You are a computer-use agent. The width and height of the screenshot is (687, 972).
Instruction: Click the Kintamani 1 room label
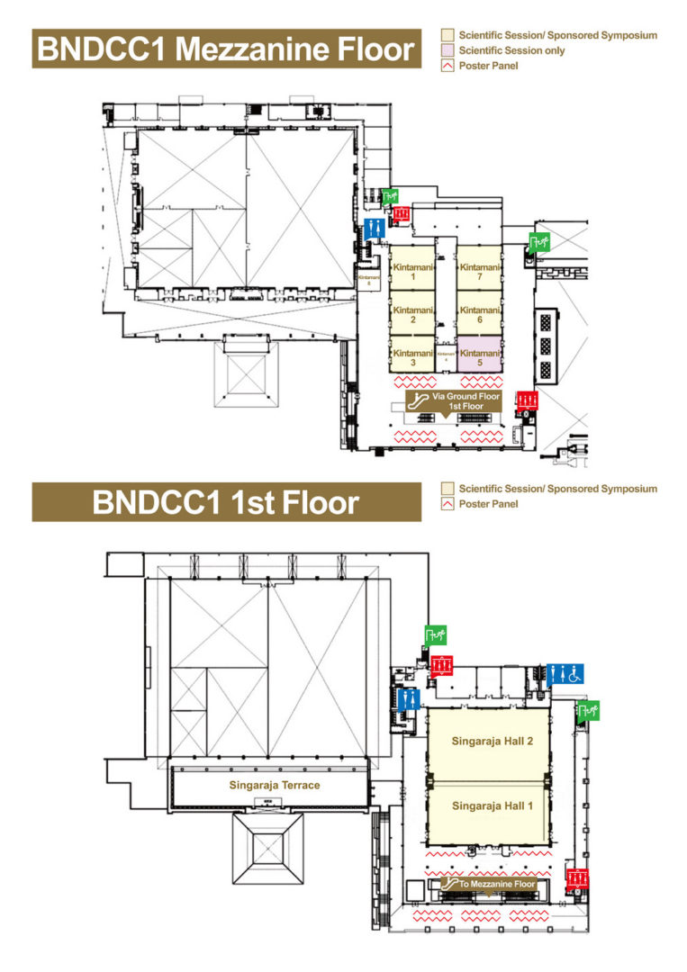tap(412, 272)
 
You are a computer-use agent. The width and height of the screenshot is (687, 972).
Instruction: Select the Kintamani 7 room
tap(479, 272)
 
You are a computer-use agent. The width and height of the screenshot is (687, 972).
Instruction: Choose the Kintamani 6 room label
tap(479, 313)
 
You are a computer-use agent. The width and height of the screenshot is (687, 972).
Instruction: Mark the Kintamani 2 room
tap(412, 313)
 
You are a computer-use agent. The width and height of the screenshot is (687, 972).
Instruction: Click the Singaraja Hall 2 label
tap(487, 741)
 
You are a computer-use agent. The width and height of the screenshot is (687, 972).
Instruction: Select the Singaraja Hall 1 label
tap(487, 805)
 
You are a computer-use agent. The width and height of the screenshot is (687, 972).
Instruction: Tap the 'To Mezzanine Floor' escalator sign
tap(487, 885)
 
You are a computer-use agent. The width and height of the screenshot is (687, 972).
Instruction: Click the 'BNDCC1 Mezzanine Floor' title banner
tap(226, 49)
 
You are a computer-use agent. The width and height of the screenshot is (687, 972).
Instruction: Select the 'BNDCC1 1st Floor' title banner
tap(226, 501)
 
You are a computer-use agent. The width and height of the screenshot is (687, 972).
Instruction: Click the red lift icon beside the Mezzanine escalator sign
tap(527, 400)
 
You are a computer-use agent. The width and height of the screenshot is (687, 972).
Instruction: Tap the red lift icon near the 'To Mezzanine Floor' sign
tap(576, 877)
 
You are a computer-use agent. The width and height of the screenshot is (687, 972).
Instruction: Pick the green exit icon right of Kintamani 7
tap(539, 240)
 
